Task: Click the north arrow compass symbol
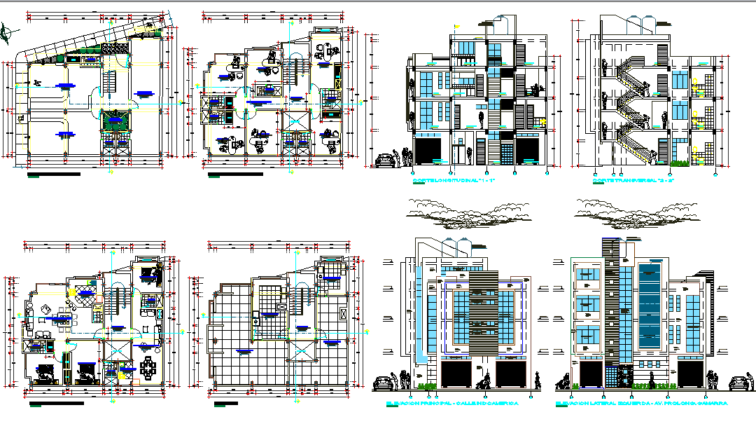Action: [8, 31]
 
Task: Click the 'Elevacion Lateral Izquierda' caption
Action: [641, 404]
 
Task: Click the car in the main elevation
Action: [383, 383]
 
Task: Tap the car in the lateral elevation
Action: [738, 383]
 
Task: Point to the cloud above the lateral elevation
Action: [633, 208]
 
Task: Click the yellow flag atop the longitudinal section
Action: [456, 27]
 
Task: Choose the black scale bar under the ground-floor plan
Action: [54, 174]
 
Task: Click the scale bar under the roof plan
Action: [225, 404]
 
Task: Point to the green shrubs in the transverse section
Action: [678, 163]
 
